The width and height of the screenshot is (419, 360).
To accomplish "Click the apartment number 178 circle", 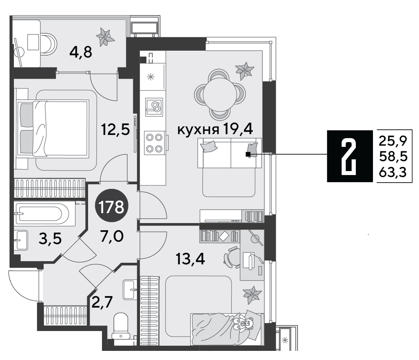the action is point(112,205).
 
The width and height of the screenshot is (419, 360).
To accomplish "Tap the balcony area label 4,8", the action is point(81,52).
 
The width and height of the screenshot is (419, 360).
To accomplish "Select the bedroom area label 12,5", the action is point(115,130).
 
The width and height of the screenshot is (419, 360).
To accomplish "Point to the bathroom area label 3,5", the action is point(50,239).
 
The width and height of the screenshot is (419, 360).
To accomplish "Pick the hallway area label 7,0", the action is point(112,236).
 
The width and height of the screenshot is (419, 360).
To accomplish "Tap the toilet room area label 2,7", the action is point(102,302).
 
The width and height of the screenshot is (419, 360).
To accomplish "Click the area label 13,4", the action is point(190,259).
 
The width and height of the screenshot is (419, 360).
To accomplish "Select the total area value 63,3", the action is point(393,172).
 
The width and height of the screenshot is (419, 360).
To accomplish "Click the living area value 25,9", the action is point(393,141).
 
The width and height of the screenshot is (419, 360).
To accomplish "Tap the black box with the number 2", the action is point(350,156).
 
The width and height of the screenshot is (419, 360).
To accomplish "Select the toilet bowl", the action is point(121,326).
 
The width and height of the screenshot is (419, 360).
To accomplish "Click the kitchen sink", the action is point(154,107).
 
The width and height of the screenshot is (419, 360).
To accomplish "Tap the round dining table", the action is point(219,94).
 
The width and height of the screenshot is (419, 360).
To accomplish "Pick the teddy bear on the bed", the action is point(242,323).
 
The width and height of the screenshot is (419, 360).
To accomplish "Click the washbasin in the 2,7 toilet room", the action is point(130,289).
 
